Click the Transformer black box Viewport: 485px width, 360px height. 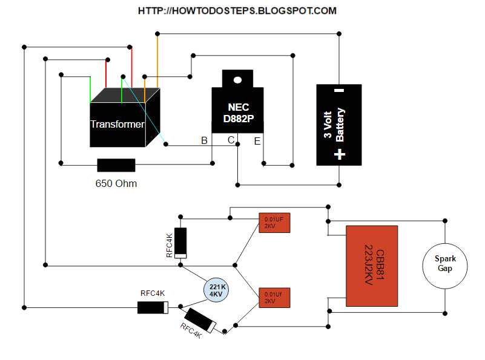[118, 124]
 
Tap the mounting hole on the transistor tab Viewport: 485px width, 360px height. [237, 79]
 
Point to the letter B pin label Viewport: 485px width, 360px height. [205, 141]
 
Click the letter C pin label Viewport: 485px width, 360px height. [231, 141]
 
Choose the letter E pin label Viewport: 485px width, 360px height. [257, 141]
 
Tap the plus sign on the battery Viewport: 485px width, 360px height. [339, 154]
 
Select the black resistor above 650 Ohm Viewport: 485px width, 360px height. [116, 165]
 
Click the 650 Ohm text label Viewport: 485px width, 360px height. [116, 183]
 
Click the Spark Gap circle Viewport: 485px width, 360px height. [445, 263]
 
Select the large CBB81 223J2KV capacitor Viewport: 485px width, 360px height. [372, 266]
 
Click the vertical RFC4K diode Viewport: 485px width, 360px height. [180, 243]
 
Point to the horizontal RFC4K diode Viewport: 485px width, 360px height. [152, 307]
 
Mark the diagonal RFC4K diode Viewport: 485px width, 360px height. [199, 320]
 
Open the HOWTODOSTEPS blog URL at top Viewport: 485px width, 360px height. [237, 11]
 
